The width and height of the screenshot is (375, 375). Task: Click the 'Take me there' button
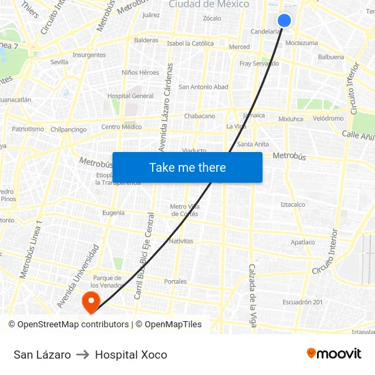[x=187, y=168]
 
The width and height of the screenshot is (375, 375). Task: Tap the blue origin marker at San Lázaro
[x=284, y=21]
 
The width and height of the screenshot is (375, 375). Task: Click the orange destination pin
[x=90, y=301]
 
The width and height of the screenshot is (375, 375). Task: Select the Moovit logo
[x=333, y=354]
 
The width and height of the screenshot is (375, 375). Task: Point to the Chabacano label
[x=199, y=116]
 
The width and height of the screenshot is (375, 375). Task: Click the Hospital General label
[x=130, y=96]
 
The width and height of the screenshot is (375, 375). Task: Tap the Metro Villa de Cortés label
[x=184, y=210]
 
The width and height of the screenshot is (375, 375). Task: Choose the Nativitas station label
[x=181, y=241]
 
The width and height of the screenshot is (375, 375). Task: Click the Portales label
[x=175, y=281]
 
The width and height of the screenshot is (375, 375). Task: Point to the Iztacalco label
[x=292, y=204]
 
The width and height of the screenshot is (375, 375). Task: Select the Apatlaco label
[x=303, y=242]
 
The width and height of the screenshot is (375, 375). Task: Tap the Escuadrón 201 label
[x=303, y=302]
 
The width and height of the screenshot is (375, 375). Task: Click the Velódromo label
[x=328, y=118]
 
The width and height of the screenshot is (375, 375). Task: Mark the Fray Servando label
[x=259, y=63]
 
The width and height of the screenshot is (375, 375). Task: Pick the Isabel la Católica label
[x=190, y=43]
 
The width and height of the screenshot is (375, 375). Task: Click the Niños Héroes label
[x=140, y=72]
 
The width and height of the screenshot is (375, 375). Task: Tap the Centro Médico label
[x=121, y=127]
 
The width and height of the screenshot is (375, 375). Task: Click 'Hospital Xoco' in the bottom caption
[x=131, y=355]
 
